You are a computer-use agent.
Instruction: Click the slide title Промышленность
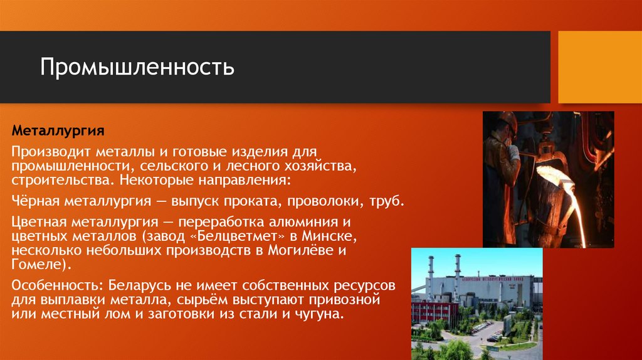[137, 67]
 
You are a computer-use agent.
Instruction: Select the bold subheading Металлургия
[58, 134]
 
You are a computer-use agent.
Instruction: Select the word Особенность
[54, 285]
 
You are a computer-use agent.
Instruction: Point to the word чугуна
[319, 313]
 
